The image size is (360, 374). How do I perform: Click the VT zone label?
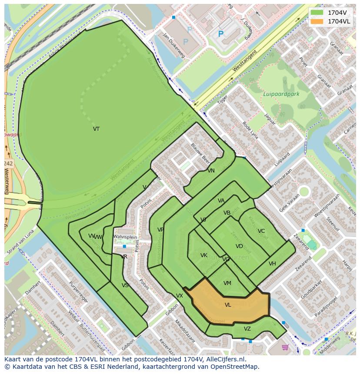coord(96,129)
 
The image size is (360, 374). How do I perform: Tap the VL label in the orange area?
coord(228,305)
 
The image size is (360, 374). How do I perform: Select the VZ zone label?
coord(247,329)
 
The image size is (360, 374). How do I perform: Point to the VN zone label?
coord(211,171)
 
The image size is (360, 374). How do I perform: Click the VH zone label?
coord(272,264)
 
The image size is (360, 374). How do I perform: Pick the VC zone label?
coord(261,231)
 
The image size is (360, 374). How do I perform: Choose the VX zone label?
coord(180,296)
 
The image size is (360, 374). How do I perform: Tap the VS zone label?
coord(125,285)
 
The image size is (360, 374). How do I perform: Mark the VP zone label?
coord(160,230)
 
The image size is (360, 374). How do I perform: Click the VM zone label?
coord(227,283)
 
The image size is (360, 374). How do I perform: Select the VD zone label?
coord(239,246)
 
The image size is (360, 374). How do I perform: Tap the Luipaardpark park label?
coord(281,94)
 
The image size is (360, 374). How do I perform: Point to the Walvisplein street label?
coord(125,237)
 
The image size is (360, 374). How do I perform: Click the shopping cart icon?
coord(285,347)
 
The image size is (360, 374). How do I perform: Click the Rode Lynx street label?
coord(250,130)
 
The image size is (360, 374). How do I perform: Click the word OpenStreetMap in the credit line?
coord(235,367)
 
